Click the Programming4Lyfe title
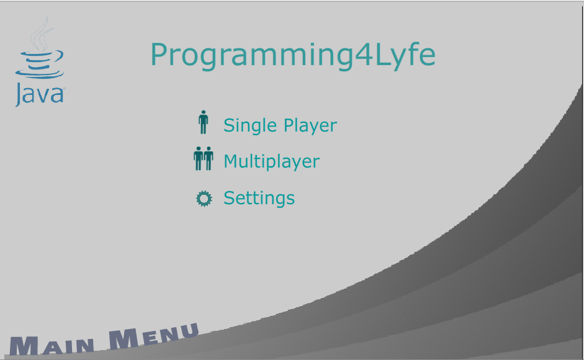pos(293,56)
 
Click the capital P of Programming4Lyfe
pos(159,55)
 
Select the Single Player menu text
pos(280,125)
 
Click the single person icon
pos(203,122)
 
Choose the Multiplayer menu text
pos(271,162)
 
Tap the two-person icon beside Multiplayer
pos(204,158)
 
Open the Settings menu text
pos(259,198)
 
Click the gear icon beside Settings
pos(204,199)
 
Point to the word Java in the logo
pos(40,95)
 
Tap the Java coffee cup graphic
pos(40,65)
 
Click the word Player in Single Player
pos(310,125)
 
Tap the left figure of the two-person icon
pos(199,158)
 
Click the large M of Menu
pos(124,339)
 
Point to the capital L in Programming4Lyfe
pos(382,55)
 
